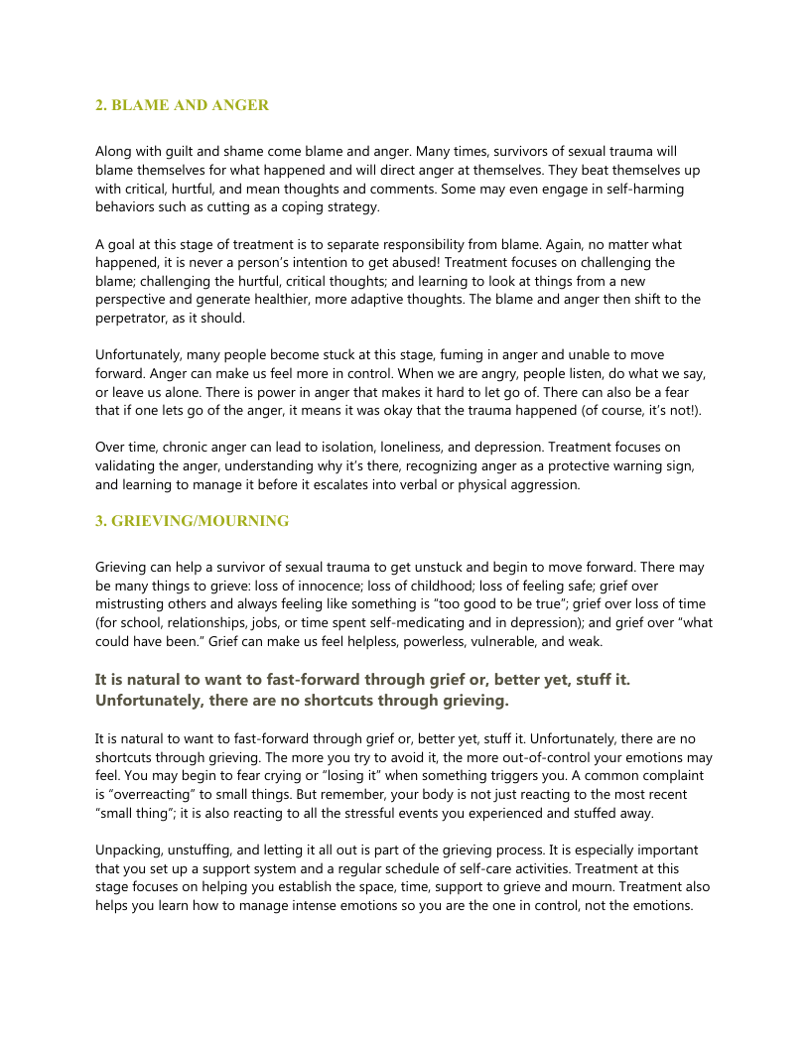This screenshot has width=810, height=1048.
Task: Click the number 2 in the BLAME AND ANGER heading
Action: point(99,105)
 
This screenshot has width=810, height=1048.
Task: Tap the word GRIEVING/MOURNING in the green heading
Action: point(202,520)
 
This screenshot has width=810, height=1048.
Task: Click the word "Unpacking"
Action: point(130,851)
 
